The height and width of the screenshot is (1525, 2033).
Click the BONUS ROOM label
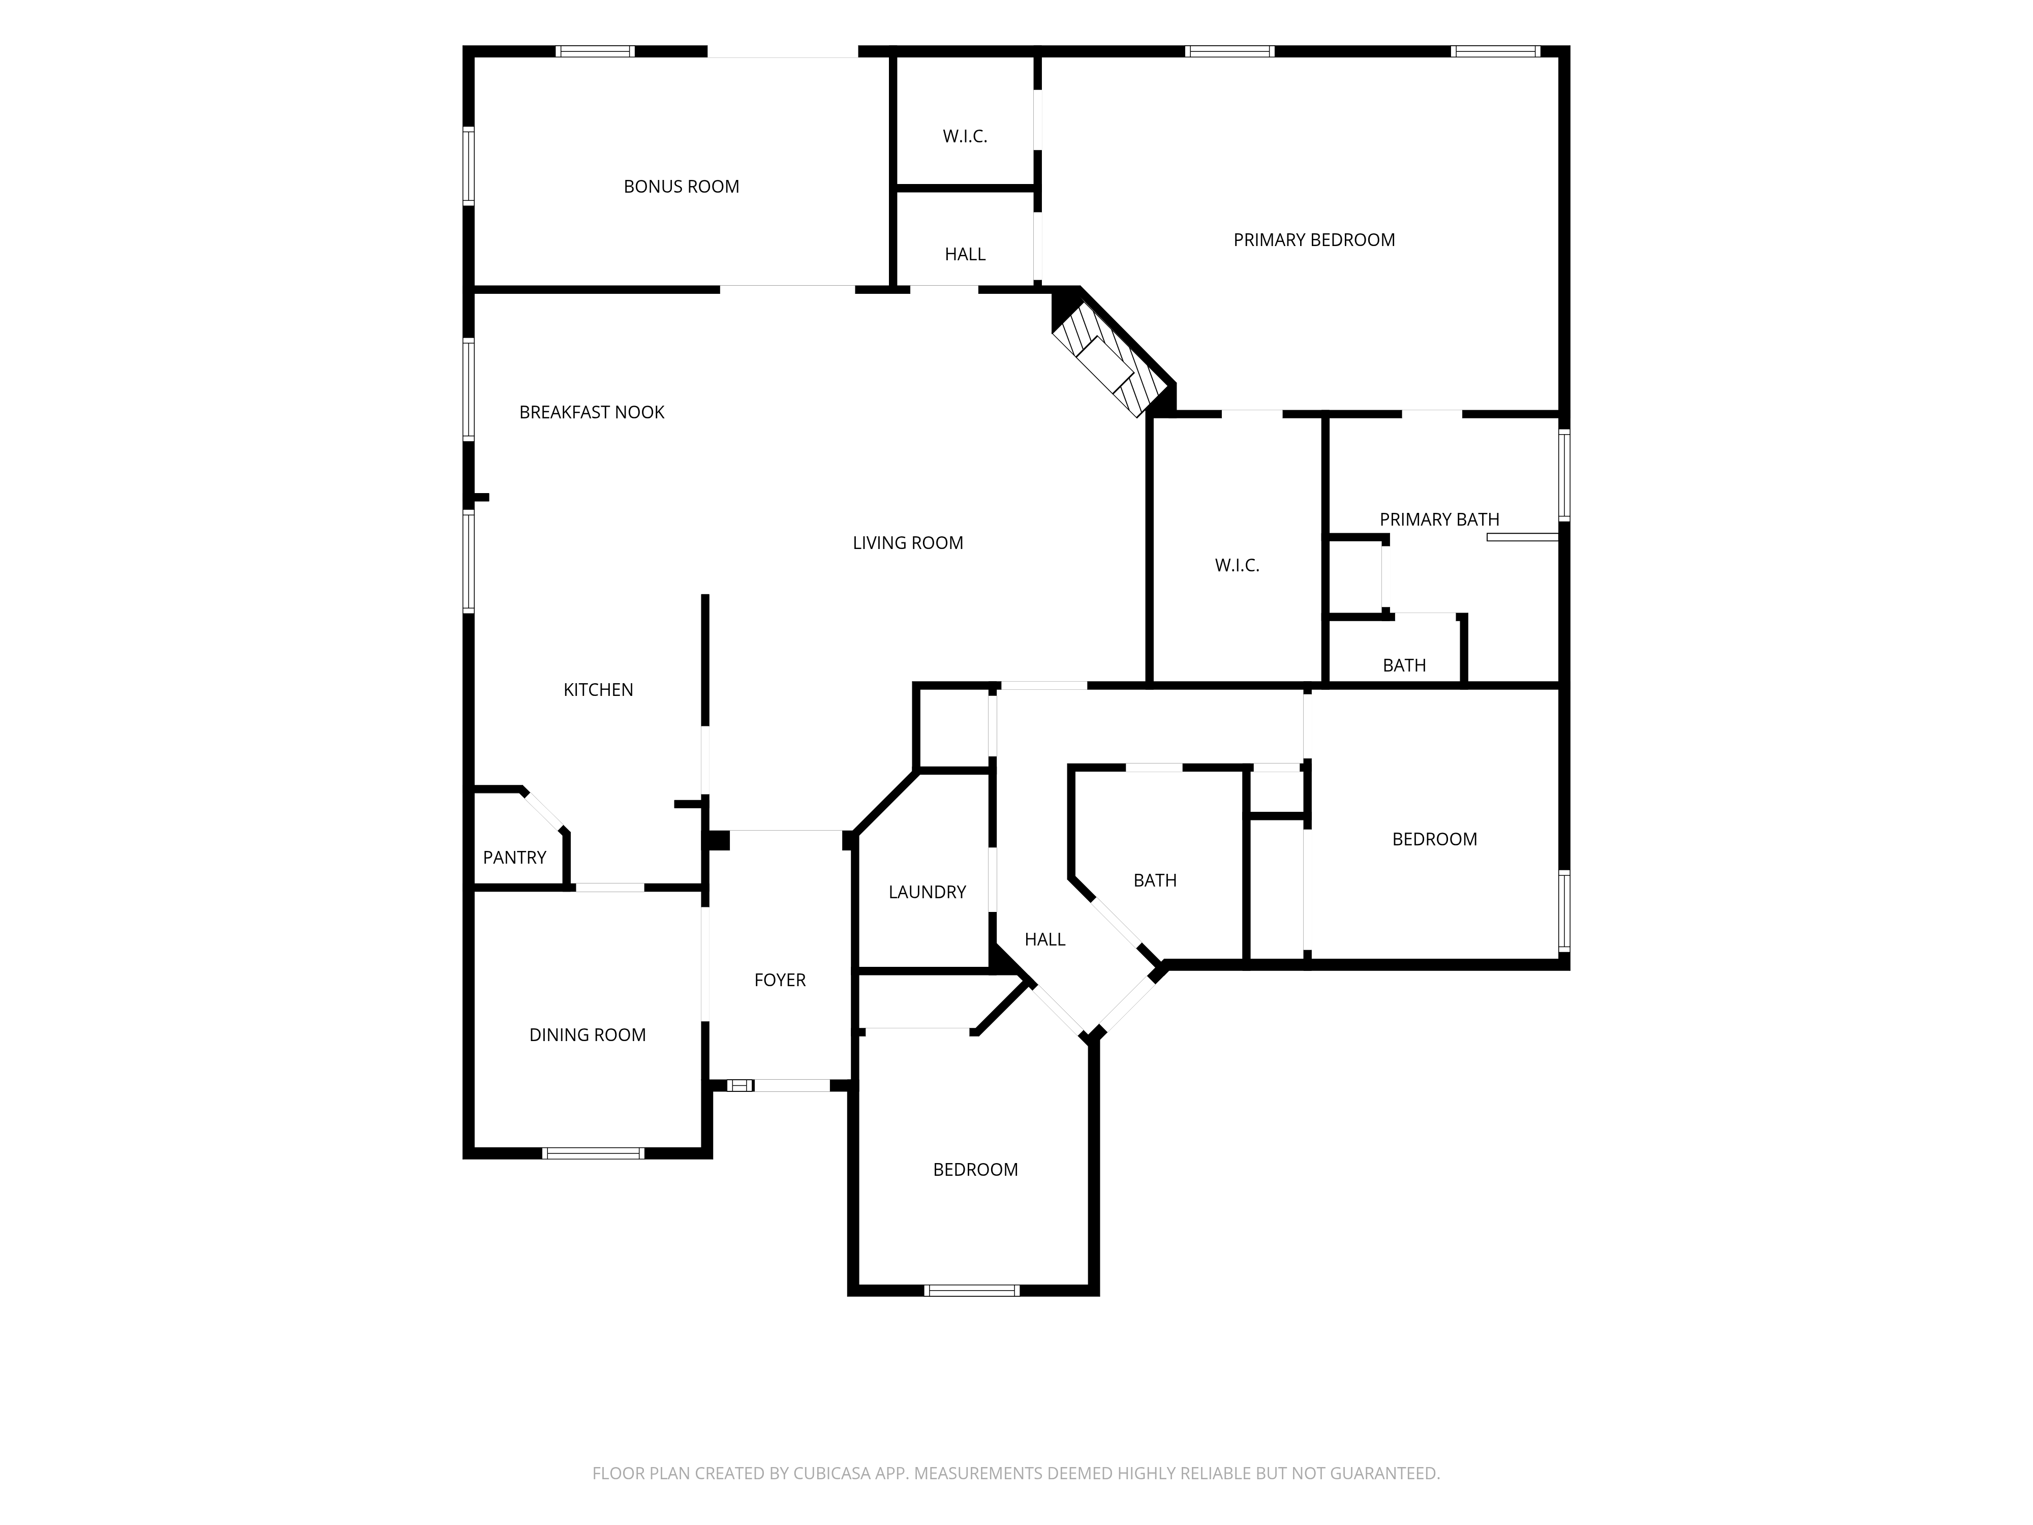[x=681, y=187]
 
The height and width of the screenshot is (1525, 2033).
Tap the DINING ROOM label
[x=588, y=1035]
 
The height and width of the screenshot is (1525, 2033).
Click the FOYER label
[x=779, y=980]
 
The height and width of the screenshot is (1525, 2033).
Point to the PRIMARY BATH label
[x=1439, y=520]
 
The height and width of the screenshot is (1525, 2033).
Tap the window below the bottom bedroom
[x=971, y=1291]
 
